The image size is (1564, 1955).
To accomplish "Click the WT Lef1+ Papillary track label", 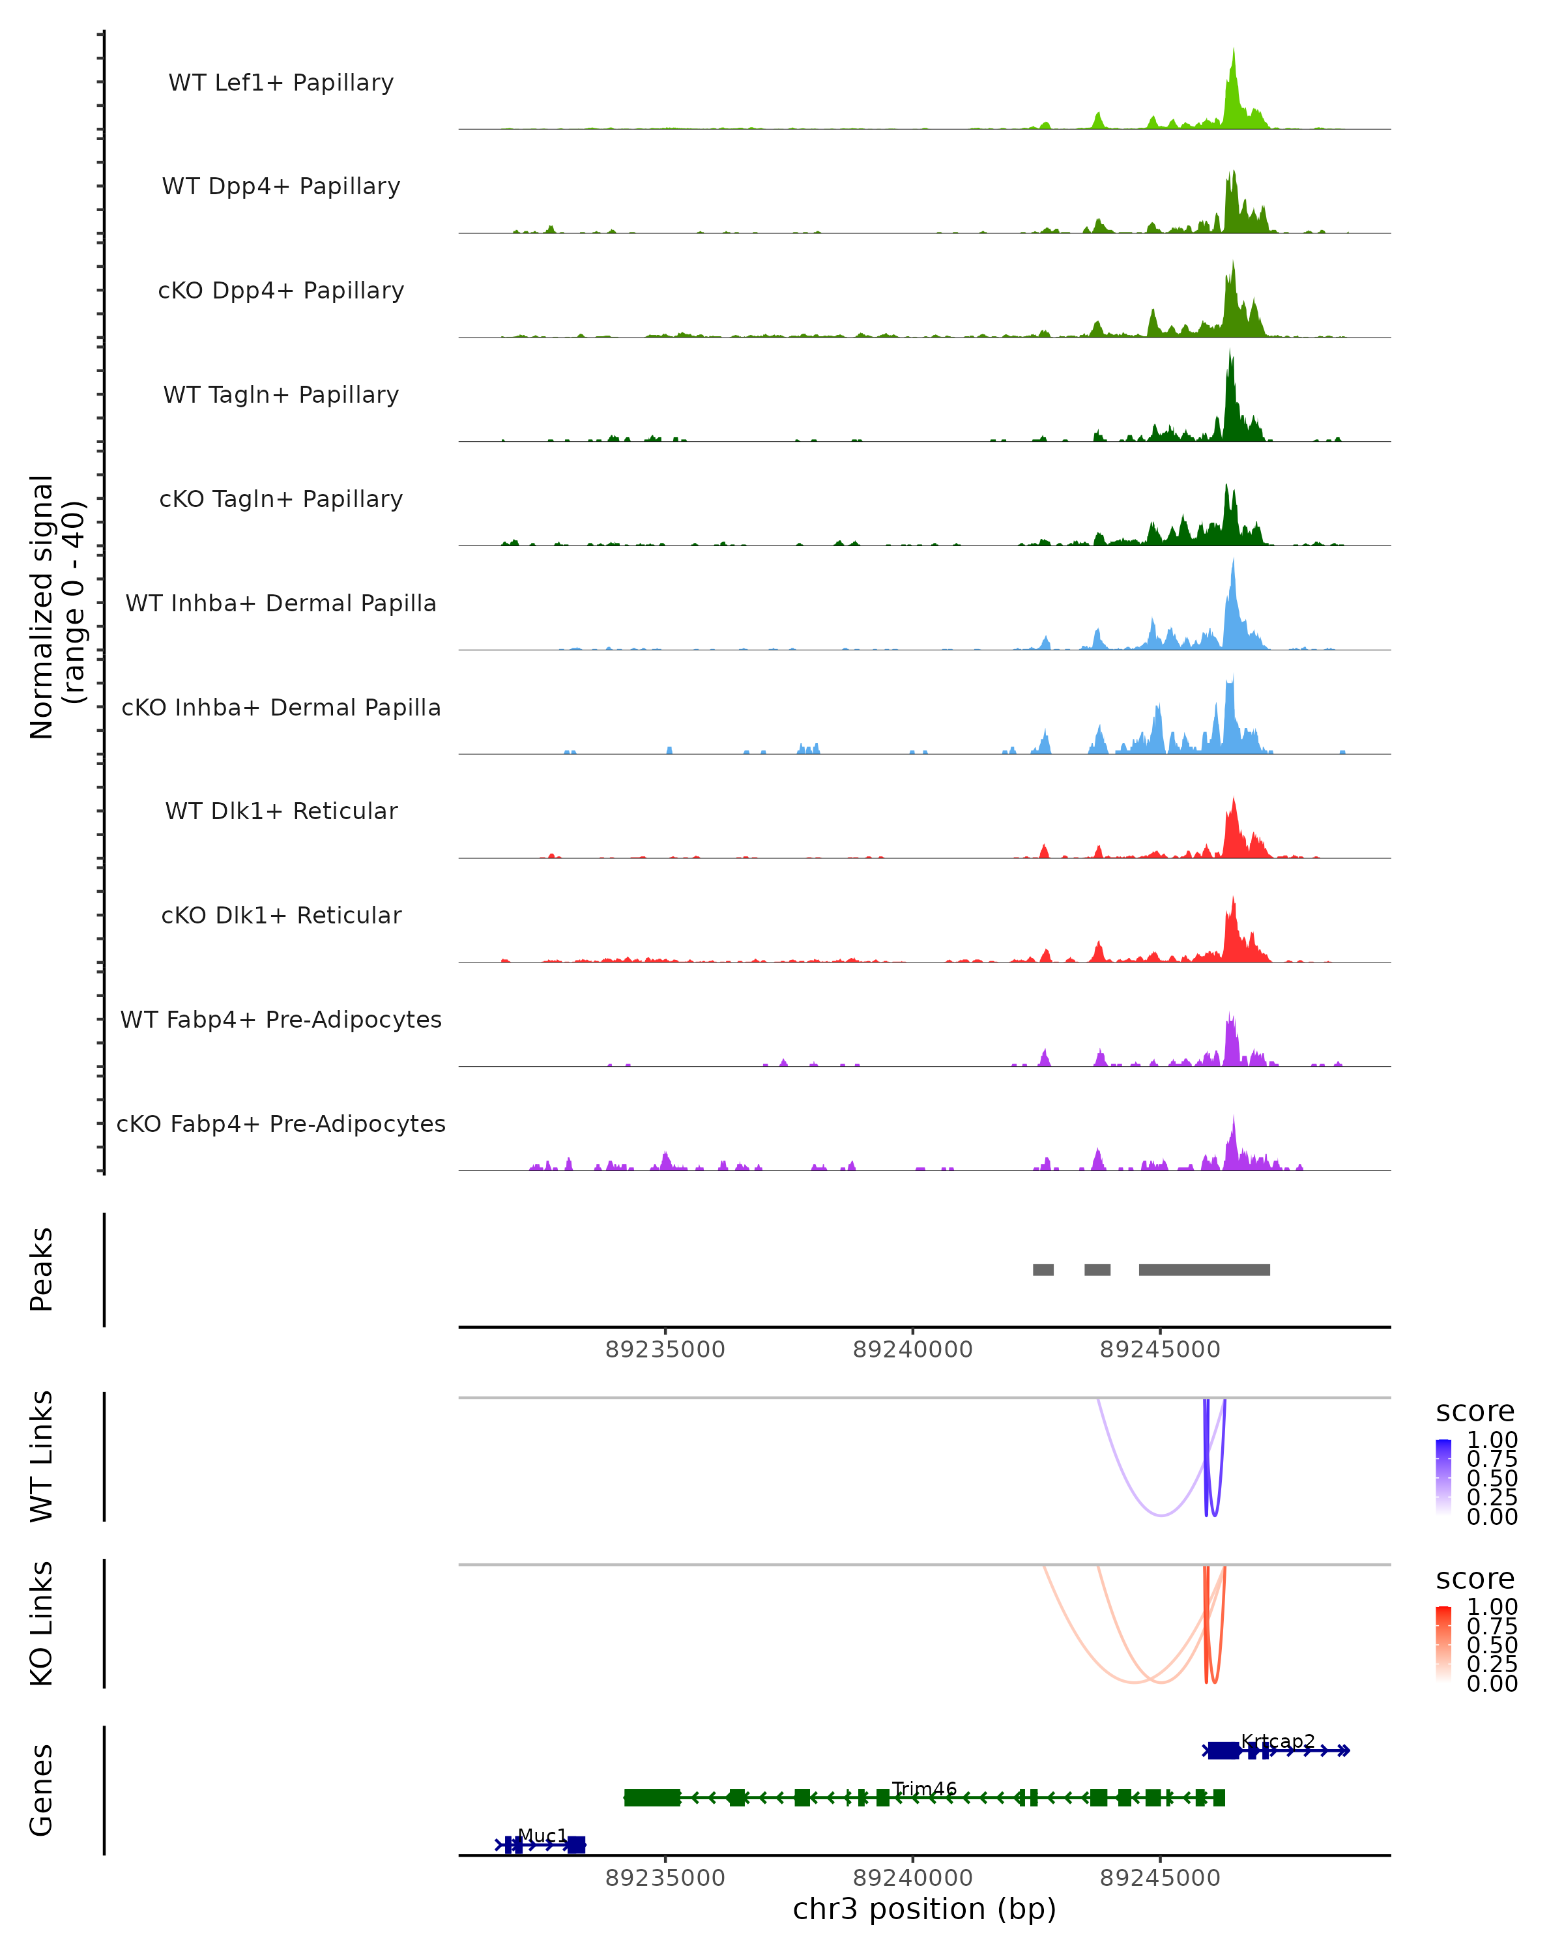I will pos(281,83).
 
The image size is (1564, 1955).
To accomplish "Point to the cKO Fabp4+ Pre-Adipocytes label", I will pos(281,1123).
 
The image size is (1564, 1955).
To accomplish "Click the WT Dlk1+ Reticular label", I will pos(281,811).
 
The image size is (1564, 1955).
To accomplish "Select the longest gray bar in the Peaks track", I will pos(1204,1269).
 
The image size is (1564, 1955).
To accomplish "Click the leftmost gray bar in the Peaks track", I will pos(1043,1269).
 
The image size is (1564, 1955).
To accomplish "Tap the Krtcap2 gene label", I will pos(1277,1741).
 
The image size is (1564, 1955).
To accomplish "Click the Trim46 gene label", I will pos(924,1788).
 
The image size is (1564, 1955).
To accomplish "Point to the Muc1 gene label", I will pos(542,1835).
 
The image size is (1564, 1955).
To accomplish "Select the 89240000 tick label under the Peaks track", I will pos(912,1350).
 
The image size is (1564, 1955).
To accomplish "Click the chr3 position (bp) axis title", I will pos(924,1909).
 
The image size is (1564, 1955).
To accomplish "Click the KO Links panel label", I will pos(42,1623).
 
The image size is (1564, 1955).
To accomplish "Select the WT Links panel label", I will pos(42,1456).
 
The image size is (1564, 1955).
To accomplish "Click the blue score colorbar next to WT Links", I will pos(1443,1477).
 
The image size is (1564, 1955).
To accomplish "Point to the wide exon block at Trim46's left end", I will pos(652,1797).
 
